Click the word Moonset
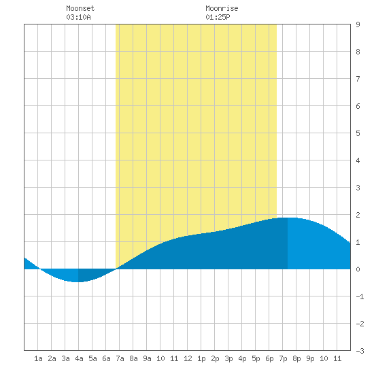click(80, 8)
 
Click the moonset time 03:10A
click(78, 17)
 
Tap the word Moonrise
click(222, 8)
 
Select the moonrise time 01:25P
click(218, 17)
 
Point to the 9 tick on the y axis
click(358, 24)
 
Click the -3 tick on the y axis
click(360, 351)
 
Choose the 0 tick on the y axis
click(358, 269)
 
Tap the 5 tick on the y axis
click(358, 133)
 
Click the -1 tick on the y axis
click(360, 296)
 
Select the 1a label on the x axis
click(38, 358)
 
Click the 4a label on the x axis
click(79, 358)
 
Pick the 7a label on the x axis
click(120, 358)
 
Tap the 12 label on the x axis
click(188, 358)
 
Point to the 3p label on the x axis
click(228, 358)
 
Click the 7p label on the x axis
click(283, 358)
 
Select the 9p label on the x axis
click(310, 358)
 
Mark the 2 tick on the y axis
click(358, 215)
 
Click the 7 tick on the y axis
click(358, 79)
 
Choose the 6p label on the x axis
click(269, 358)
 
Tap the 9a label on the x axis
click(147, 358)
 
